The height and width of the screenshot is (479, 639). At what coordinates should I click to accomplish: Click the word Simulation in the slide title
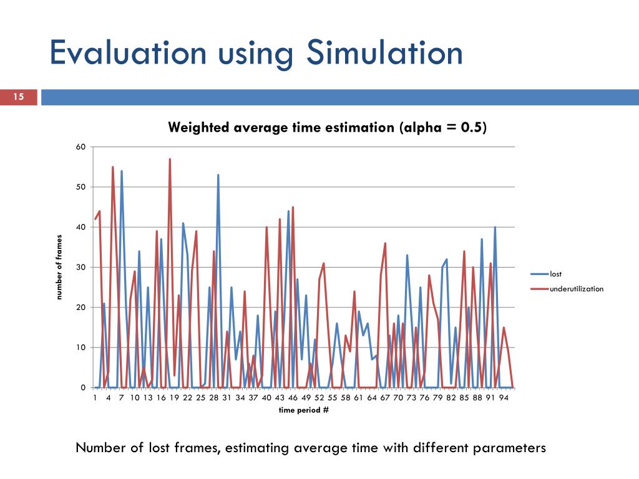coord(384,54)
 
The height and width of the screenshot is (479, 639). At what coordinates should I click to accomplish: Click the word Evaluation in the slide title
coord(128,54)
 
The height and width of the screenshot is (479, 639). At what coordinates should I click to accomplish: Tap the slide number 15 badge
coord(19,97)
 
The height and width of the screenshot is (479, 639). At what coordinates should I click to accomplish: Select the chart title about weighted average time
coord(327,128)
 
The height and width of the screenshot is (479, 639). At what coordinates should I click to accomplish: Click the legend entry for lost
coord(555,274)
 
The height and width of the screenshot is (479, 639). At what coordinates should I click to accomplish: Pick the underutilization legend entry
coord(576,289)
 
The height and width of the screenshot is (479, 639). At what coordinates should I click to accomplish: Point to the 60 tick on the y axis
coord(80,147)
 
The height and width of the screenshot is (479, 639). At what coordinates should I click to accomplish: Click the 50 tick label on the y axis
coord(80,187)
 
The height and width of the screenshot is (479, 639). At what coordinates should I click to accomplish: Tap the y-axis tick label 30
coord(80,268)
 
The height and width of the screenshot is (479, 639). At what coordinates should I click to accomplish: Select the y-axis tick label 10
coord(80,347)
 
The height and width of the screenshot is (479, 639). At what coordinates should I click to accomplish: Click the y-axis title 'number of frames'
coord(60,267)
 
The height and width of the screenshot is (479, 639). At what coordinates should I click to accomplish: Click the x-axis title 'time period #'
coord(304,410)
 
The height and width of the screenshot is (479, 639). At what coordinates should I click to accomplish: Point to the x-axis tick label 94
coord(504,397)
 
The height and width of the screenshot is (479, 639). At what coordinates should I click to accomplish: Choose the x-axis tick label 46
coord(293,397)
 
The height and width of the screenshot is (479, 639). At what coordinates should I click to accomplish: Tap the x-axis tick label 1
coord(95,397)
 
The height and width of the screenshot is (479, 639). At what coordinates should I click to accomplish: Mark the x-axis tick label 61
coord(358,397)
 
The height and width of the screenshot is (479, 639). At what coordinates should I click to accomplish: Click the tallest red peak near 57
coord(170,160)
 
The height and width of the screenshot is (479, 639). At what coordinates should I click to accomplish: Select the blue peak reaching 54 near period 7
coord(122,172)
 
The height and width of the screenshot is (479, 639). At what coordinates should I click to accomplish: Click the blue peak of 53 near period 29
coord(218,175)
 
